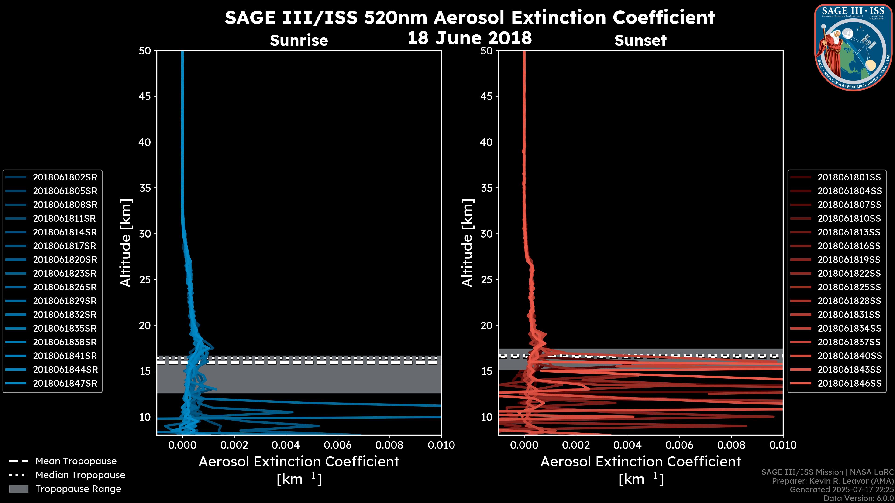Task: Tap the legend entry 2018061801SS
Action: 849,177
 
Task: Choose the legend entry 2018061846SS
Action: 849,384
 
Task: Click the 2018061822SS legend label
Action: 849,274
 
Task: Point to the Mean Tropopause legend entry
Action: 76,461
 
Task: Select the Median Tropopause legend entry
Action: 80,475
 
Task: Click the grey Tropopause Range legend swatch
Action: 19,489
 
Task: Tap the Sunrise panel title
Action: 299,41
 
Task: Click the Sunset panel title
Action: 640,41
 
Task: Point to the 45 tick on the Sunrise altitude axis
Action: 145,96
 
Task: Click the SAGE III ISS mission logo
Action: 852,47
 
